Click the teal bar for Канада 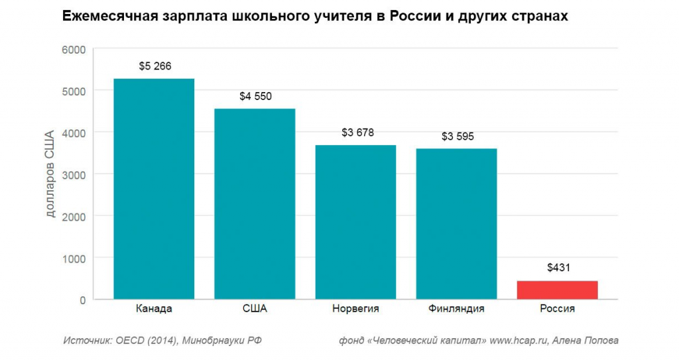154,189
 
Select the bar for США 255,204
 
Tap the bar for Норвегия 355,222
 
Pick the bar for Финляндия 456,224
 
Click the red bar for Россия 557,290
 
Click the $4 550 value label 255,97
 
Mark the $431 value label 558,268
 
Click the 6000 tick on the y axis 74,49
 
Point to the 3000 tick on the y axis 74,174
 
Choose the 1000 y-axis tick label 74,258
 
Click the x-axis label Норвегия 355,309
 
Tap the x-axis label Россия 557,309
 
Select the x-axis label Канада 154,309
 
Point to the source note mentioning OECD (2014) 162,341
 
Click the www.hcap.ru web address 517,341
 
